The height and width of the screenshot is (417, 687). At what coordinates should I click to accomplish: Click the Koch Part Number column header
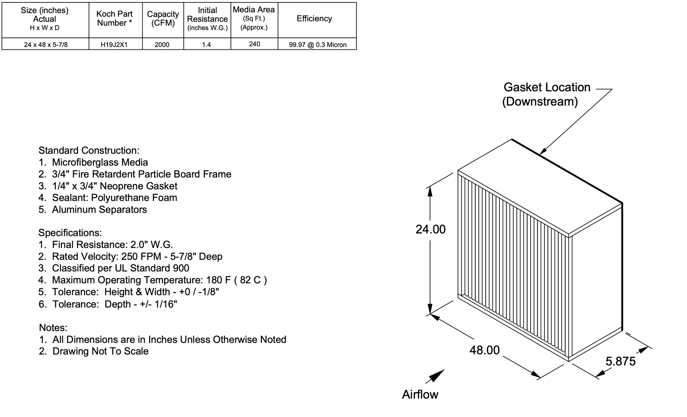(x=115, y=19)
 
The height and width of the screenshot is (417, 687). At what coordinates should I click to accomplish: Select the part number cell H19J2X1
(x=114, y=44)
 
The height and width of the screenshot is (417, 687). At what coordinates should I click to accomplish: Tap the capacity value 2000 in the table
(x=162, y=44)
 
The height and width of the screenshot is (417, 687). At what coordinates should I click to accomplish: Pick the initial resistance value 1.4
(x=207, y=44)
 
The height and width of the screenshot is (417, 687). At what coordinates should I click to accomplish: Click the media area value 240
(x=254, y=44)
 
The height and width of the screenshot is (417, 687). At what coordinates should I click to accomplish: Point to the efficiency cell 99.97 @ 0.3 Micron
(x=317, y=44)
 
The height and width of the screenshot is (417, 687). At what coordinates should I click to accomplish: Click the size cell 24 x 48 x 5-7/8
(x=46, y=44)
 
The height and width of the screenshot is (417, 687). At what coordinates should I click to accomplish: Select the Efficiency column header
(x=314, y=19)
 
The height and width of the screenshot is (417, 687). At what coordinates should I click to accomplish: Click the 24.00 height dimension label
(x=430, y=230)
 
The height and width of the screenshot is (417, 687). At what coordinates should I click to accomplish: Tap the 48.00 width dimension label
(x=484, y=350)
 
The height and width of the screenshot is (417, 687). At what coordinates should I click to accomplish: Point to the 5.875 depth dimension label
(x=620, y=361)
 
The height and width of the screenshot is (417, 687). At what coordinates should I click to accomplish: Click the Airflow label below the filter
(x=420, y=394)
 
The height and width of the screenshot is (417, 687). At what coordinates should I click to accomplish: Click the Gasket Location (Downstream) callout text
(x=546, y=94)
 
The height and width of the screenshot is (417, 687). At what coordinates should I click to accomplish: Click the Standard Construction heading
(x=89, y=151)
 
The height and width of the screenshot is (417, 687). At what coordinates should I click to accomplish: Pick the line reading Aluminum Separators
(x=99, y=210)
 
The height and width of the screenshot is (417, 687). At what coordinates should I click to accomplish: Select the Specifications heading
(x=70, y=233)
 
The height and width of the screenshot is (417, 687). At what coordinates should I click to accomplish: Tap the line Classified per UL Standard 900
(x=120, y=268)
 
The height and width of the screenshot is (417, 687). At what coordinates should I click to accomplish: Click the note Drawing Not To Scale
(x=100, y=351)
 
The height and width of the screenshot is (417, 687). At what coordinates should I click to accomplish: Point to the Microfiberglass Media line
(x=100, y=162)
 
